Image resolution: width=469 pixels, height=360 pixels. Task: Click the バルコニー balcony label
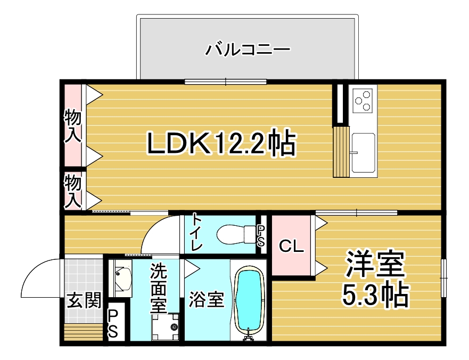pos(248,49)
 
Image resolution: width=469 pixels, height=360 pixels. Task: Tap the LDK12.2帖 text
pos(221,143)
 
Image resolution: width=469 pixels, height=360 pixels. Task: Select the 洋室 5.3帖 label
pos(375,279)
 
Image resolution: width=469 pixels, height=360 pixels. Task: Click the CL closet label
pos(291,246)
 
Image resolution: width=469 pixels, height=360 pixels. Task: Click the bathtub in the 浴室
pos(250,302)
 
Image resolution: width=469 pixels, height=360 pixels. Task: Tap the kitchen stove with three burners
pos(363,101)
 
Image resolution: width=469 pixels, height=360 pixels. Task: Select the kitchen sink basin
pos(364,153)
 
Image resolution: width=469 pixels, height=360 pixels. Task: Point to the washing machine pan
pos(165,327)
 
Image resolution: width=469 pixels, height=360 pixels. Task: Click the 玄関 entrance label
pos(84,300)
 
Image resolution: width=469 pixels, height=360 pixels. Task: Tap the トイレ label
pos(196,232)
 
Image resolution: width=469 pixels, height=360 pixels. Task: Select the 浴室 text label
pos(207,299)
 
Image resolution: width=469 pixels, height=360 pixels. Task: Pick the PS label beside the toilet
pos(261,235)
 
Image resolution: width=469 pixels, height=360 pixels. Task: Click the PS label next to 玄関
pos(113,323)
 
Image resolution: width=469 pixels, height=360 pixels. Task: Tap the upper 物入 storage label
pos(73,126)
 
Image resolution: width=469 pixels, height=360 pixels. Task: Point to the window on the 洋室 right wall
pos(444,278)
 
